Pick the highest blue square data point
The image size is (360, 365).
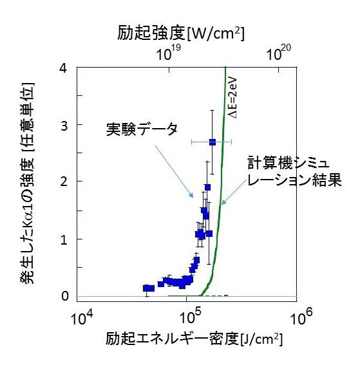tap(213, 142)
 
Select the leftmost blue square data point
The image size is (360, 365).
tap(146, 288)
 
